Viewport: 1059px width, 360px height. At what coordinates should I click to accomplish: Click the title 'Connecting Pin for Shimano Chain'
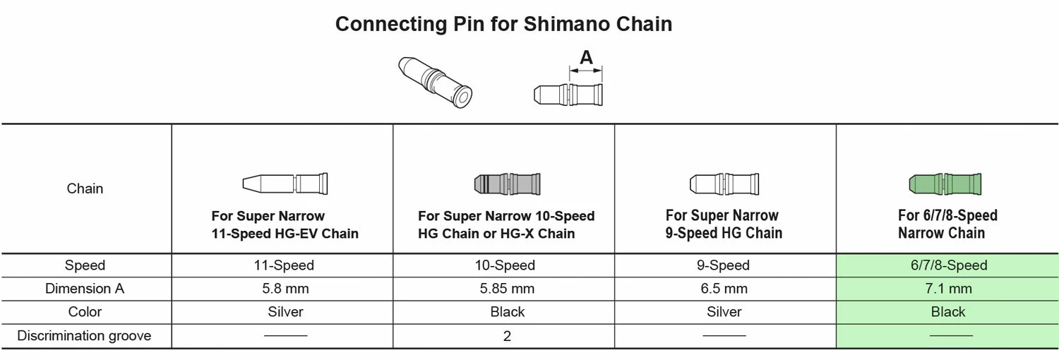(503, 24)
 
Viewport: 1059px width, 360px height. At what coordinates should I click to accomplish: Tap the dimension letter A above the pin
(586, 58)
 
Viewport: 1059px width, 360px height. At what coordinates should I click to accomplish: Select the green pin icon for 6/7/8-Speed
(945, 185)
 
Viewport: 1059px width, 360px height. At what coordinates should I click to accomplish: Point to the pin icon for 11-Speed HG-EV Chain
(285, 184)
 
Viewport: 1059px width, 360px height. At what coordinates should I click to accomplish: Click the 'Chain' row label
(85, 188)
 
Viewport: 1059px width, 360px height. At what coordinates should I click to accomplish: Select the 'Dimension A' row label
(85, 289)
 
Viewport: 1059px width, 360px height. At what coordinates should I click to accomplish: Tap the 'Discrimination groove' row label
(85, 336)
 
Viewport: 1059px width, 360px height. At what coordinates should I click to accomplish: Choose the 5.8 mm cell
(285, 289)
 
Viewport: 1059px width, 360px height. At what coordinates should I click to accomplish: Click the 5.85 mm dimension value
(507, 289)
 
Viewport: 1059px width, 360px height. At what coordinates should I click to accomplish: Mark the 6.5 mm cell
(724, 289)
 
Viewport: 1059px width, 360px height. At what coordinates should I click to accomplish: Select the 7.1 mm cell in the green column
(948, 289)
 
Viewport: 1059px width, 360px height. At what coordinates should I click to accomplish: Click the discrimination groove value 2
(507, 336)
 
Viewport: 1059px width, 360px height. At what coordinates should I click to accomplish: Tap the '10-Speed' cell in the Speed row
(507, 265)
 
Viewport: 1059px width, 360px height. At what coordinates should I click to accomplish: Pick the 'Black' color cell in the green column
(948, 312)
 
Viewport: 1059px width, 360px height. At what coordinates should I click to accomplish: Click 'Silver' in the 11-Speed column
(285, 312)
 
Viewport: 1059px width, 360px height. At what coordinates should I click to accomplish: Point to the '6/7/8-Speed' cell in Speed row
(948, 265)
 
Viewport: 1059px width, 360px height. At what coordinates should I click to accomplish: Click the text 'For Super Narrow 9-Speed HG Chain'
(724, 224)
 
